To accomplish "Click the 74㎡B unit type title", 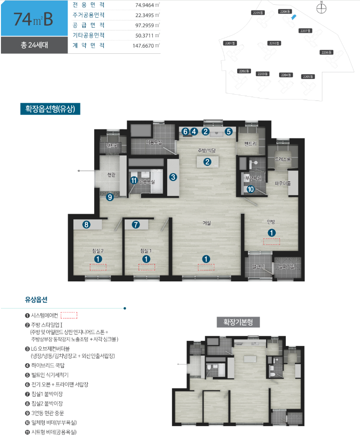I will tap(33, 20).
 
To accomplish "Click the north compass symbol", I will tap(322, 7).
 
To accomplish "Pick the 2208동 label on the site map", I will tap(285, 11).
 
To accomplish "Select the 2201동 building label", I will tap(230, 43).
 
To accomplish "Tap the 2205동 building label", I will tap(308, 76).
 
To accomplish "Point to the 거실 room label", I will tap(207, 223).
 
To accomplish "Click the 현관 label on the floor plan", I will tap(111, 175).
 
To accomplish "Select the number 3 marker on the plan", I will tap(173, 177).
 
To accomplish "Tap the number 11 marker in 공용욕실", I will tap(134, 180).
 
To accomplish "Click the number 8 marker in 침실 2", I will tap(86, 225).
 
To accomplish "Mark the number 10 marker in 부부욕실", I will tap(250, 189).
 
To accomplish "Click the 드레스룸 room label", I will tap(282, 159).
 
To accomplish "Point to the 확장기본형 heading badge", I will tap(238, 322).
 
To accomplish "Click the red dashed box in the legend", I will tap(69, 315).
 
